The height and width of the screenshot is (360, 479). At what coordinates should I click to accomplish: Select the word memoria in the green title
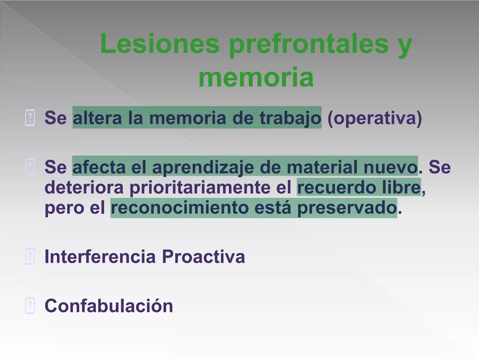coord(256,77)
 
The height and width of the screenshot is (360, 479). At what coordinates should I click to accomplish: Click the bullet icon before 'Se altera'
coord(30,118)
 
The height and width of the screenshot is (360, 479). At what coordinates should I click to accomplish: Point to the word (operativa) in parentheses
coord(374,118)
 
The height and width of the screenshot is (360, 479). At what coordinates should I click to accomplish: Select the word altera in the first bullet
coord(97,118)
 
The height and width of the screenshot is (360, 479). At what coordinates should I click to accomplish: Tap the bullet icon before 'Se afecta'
coord(30,167)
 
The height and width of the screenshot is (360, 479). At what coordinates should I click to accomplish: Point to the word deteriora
coord(84,187)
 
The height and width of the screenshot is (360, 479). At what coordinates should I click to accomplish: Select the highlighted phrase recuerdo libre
coord(359,187)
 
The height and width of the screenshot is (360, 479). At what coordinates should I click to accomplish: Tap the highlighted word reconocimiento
coord(180,208)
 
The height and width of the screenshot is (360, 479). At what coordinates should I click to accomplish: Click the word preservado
coord(347,208)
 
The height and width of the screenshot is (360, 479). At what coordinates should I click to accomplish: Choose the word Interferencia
coord(100,257)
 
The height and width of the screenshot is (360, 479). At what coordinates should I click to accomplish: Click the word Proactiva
coord(203,257)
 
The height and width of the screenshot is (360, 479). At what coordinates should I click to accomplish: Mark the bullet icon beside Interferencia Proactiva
coord(30,257)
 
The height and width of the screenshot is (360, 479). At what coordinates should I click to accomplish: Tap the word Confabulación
coord(109,306)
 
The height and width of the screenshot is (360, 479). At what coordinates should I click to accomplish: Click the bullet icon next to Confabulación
coord(30,306)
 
